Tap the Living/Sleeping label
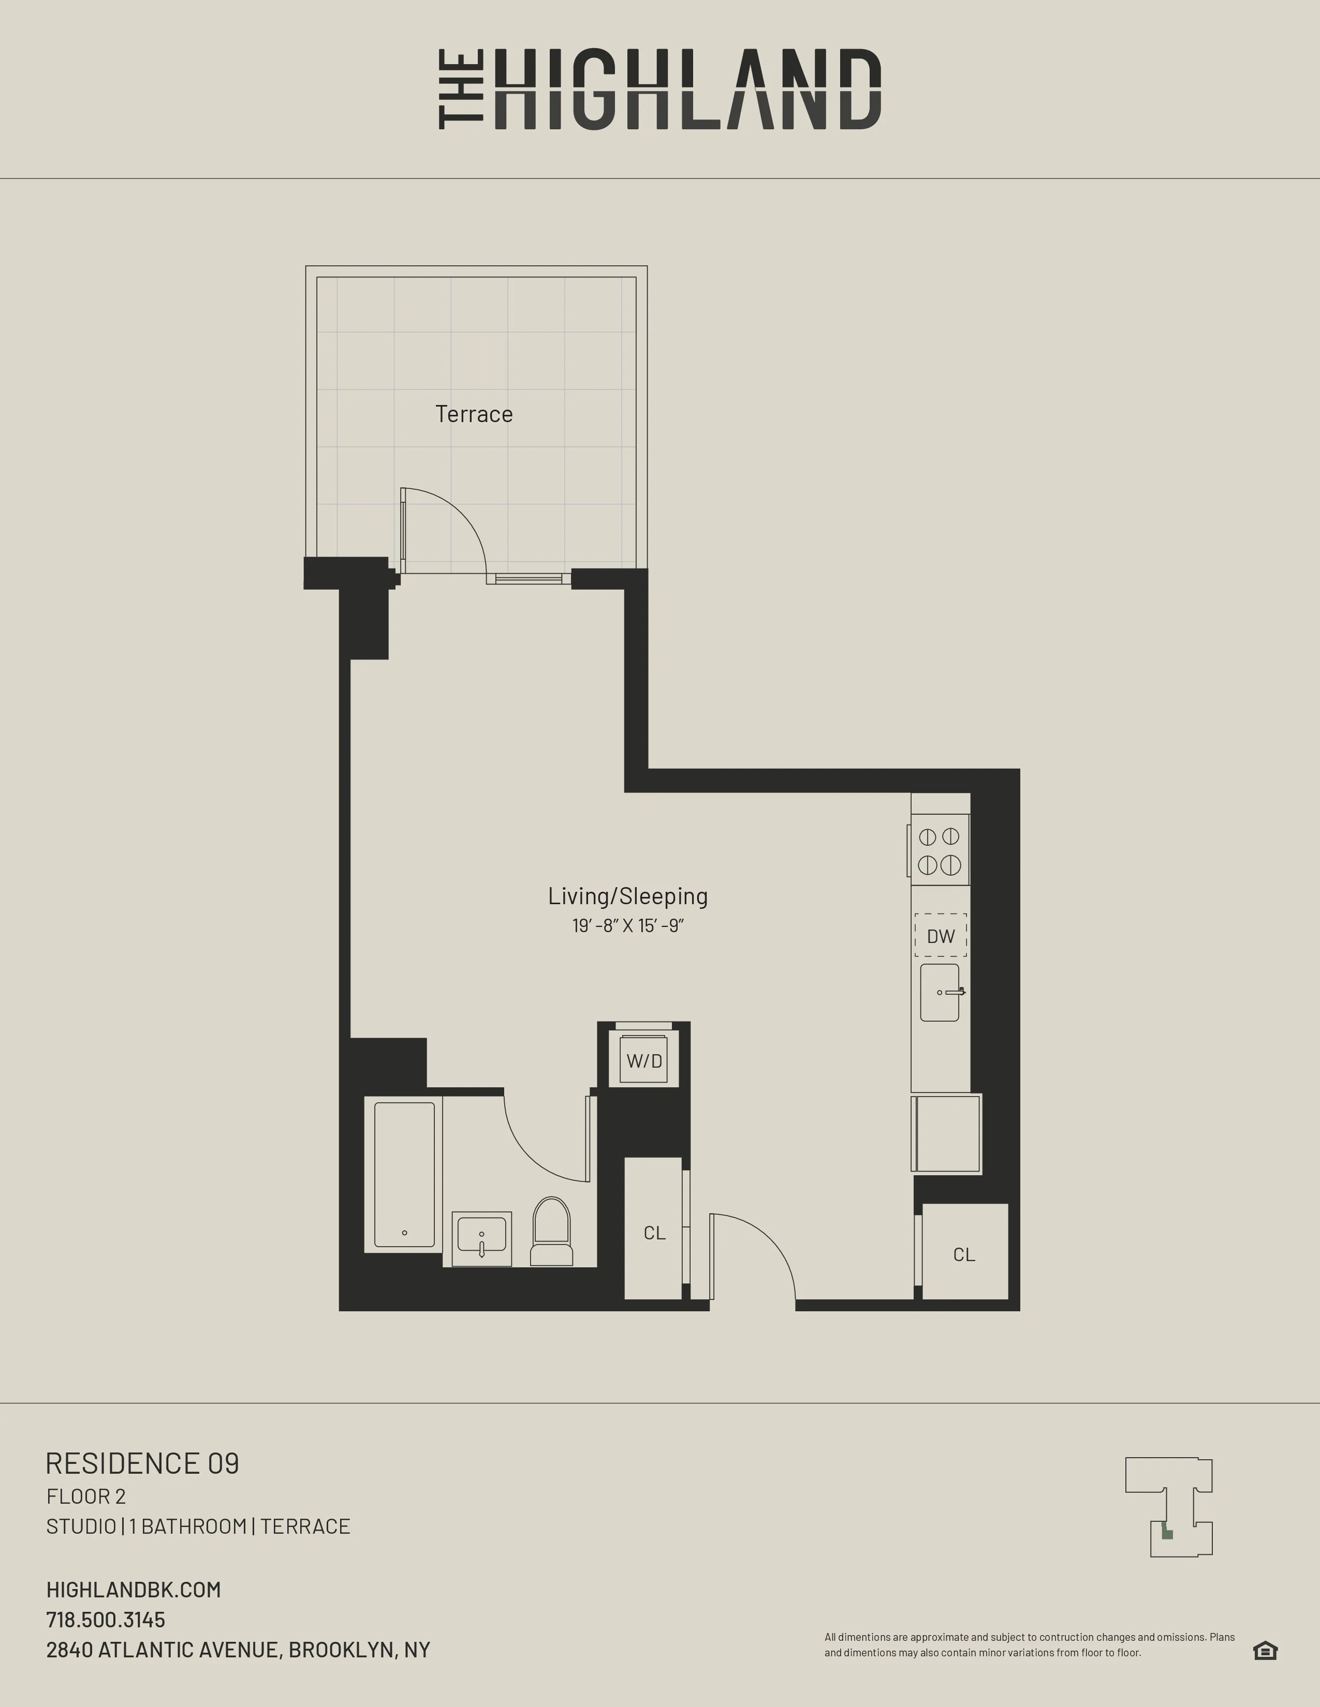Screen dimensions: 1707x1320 [x=627, y=896]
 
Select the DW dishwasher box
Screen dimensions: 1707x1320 [x=941, y=936]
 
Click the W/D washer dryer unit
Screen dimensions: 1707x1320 [x=643, y=1060]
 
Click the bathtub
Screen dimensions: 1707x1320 [x=404, y=1174]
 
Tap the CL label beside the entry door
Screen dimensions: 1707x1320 [x=654, y=1233]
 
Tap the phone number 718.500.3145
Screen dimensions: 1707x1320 [x=106, y=1620]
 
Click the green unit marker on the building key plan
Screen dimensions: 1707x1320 [x=1167, y=1534]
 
